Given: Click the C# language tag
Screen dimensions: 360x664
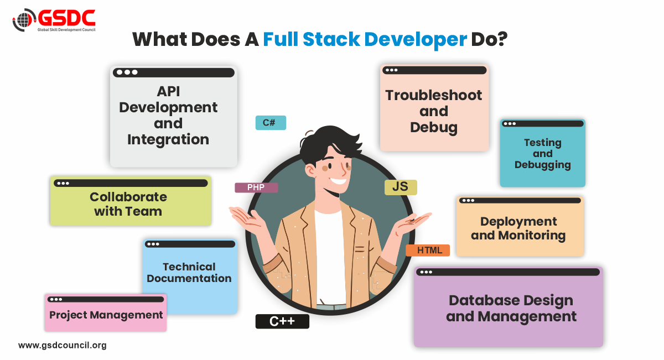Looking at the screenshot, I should [x=271, y=123].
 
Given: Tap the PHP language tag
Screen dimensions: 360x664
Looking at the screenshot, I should [x=256, y=187].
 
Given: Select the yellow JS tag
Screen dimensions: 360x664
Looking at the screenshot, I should [x=400, y=187].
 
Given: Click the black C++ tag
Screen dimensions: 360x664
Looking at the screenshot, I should [x=282, y=321].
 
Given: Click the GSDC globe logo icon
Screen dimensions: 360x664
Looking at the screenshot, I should [x=24, y=21].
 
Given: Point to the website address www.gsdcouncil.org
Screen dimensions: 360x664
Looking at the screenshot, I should [x=62, y=345].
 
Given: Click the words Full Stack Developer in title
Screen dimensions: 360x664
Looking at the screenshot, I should [x=365, y=40].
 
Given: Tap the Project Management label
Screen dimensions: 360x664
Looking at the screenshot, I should [x=106, y=315].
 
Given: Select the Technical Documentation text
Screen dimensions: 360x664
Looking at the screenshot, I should [x=189, y=273].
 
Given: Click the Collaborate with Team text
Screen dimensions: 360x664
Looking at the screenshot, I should [x=128, y=204].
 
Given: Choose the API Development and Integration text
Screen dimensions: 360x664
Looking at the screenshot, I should [x=168, y=115].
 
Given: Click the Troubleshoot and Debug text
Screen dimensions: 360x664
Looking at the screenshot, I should [x=434, y=111].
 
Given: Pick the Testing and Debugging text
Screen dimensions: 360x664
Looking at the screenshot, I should [x=543, y=153].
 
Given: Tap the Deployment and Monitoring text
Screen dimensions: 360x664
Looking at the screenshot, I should [x=518, y=228].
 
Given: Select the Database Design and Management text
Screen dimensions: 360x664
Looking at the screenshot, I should [x=511, y=309].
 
